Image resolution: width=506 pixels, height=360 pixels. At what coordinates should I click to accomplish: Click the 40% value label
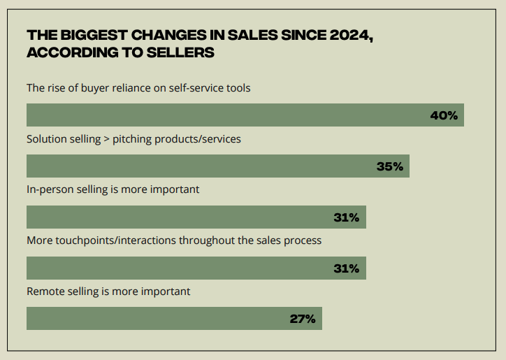coord(444,115)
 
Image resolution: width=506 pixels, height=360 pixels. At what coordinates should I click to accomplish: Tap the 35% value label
coord(389,166)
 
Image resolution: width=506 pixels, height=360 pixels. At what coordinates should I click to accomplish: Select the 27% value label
coord(303,319)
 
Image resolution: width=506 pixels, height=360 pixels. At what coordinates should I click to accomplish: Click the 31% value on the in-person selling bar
coord(346,217)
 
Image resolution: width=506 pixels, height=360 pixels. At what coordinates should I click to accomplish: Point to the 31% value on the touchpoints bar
coord(346,268)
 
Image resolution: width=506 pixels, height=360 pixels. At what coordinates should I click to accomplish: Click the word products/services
coord(197,139)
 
